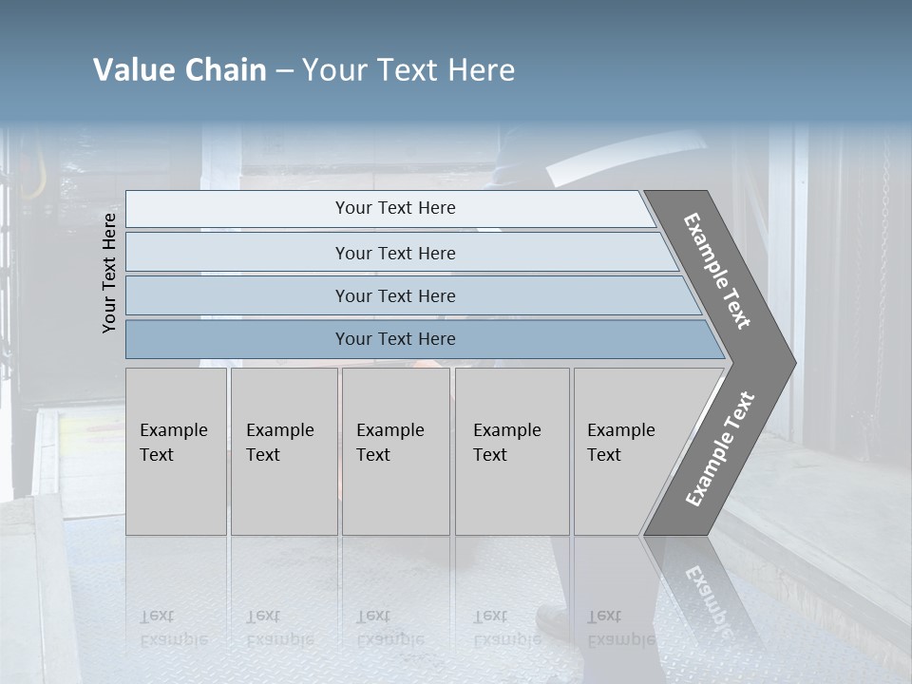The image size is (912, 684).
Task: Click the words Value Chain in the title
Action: coord(180,70)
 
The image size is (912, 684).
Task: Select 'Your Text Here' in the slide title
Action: coord(408,70)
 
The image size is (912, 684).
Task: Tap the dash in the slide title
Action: coord(284,71)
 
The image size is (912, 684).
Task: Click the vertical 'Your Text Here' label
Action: coord(109,273)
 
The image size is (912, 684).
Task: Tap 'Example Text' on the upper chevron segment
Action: coord(717,271)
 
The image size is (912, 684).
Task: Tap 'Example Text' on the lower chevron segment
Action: coord(719,449)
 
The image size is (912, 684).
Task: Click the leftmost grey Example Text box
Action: coord(176,451)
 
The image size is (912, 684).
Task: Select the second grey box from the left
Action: coord(284,451)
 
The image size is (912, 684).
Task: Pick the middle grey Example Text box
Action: coord(395,451)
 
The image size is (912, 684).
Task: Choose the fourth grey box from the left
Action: coord(512,451)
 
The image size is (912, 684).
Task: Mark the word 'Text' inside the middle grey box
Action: coord(373,455)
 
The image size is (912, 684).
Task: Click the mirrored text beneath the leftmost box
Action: coord(172,627)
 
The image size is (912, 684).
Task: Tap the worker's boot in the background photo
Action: coord(556,622)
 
